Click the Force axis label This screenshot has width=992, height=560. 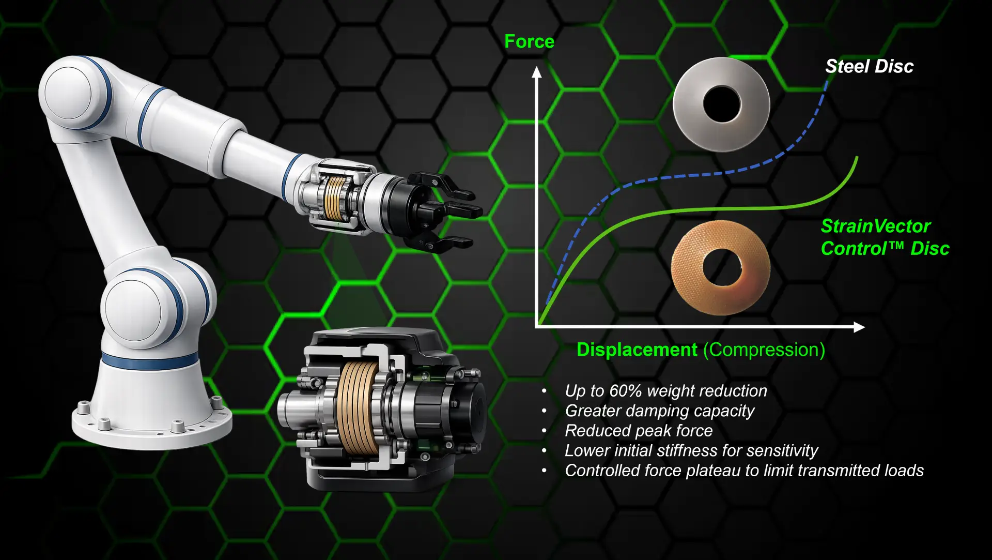[x=529, y=41]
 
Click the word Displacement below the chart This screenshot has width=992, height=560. [x=637, y=350]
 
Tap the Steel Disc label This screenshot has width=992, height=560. [x=869, y=66]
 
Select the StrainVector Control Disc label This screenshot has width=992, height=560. [x=885, y=237]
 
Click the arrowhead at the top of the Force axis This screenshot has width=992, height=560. [x=537, y=72]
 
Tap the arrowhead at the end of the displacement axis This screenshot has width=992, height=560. [x=859, y=327]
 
